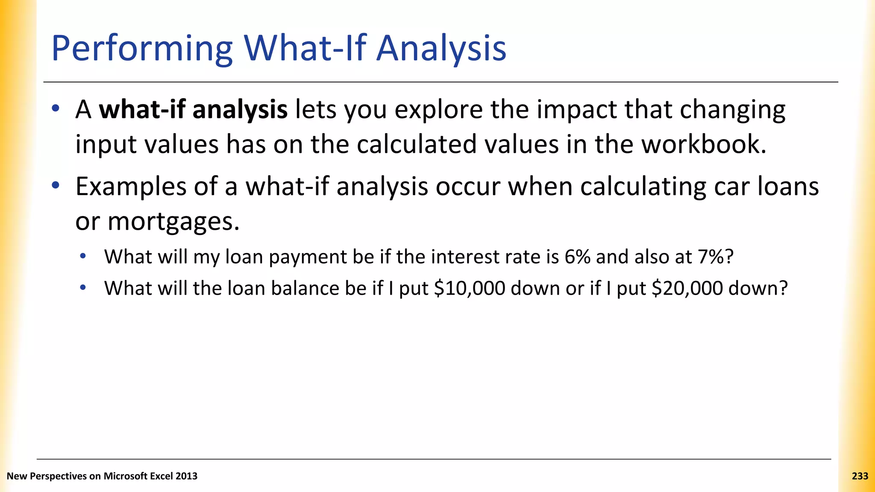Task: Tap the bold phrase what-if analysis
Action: pos(193,110)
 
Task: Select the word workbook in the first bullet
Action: pos(703,144)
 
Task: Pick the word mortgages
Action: pos(173,221)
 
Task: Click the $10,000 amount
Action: pos(469,288)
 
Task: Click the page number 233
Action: pos(860,476)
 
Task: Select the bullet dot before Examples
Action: pos(56,186)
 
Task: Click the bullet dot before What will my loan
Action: pos(83,256)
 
